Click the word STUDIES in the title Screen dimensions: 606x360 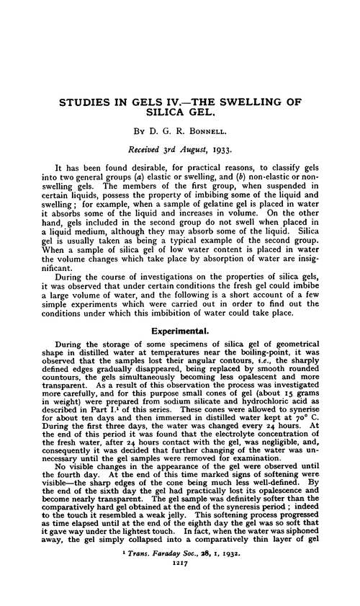[86, 102]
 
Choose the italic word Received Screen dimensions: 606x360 [148, 151]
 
